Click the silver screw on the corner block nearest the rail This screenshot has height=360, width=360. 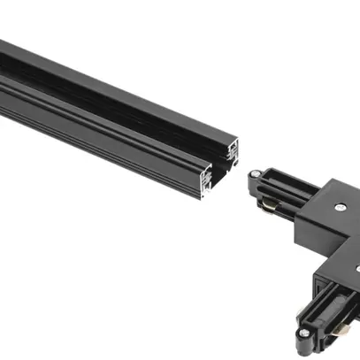(x=341, y=205)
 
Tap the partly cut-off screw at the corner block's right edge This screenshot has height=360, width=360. (x=356, y=265)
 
